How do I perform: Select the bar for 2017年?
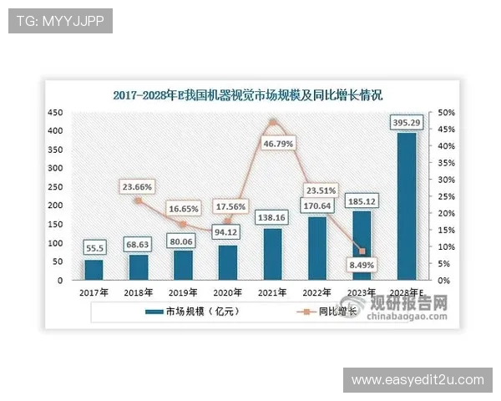click(x=94, y=270)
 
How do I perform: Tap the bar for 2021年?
click(x=272, y=254)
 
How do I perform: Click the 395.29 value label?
click(x=407, y=123)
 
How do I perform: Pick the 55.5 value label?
click(x=94, y=248)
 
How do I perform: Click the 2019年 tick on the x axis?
click(x=183, y=293)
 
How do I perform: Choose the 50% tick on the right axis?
click(x=444, y=112)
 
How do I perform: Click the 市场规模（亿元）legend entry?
click(x=180, y=312)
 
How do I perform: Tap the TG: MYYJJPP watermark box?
click(x=60, y=21)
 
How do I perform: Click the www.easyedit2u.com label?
click(x=417, y=380)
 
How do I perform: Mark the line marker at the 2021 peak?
click(x=272, y=123)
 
